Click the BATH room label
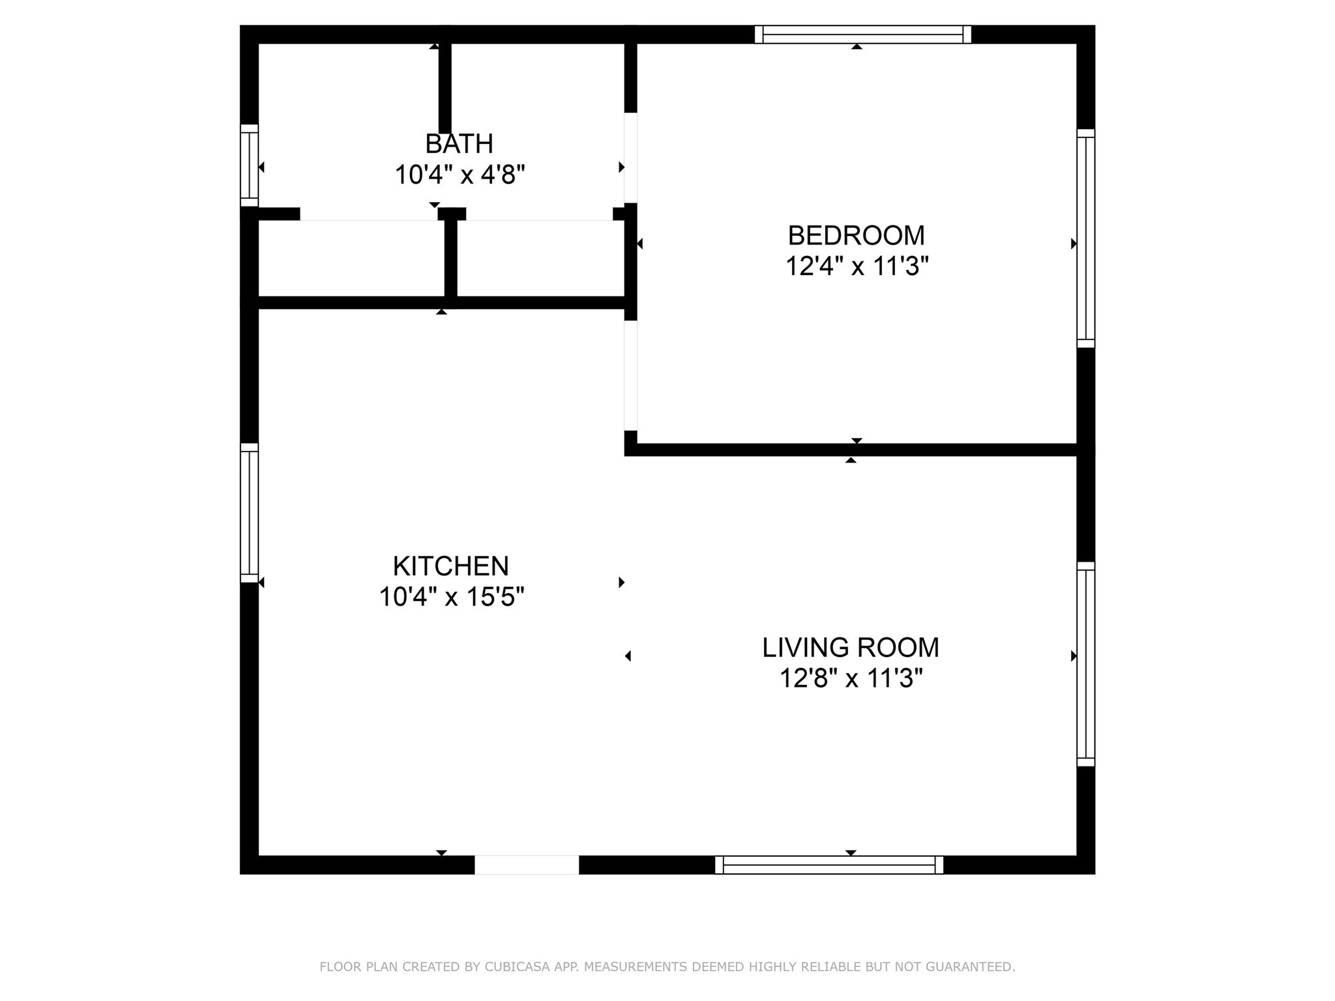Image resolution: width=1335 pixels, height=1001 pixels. tap(459, 143)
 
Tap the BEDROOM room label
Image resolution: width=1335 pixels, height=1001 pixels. tap(856, 235)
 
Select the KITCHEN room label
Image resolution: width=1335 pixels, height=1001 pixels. tap(450, 566)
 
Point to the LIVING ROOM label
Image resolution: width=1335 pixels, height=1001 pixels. tap(851, 647)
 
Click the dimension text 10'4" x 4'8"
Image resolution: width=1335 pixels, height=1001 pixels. tap(460, 175)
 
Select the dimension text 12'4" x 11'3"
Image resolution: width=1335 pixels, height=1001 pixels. tap(857, 267)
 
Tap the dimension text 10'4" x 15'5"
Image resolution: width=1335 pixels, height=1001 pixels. tap(452, 597)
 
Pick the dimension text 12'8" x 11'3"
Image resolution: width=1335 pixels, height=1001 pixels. tap(851, 679)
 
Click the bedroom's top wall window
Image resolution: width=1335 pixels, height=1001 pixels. tap(862, 35)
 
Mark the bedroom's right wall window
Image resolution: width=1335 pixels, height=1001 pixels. tap(1085, 238)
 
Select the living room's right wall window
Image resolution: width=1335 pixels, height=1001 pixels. tap(1085, 663)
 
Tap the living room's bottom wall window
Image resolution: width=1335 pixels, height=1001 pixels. tap(829, 865)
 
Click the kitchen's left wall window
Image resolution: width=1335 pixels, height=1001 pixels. tap(250, 512)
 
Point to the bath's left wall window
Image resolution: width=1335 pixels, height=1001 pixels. tap(250, 165)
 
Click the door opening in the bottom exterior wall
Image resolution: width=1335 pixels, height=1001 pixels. tap(526, 865)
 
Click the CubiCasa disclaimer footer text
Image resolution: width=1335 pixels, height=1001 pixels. tap(667, 967)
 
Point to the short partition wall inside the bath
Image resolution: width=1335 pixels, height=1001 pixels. tap(445, 88)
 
